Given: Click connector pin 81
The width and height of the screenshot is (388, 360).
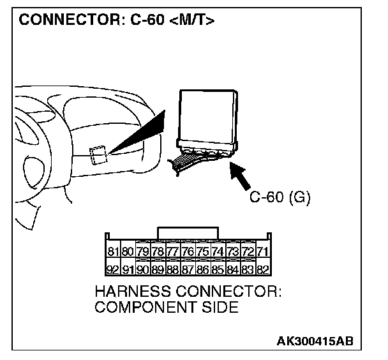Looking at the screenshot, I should pyautogui.click(x=114, y=252).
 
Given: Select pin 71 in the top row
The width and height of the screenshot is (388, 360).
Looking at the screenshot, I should pyautogui.click(x=261, y=252).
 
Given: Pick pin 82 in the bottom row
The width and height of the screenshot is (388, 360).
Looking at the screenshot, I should pyautogui.click(x=261, y=269).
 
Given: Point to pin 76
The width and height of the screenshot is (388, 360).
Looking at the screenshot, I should pyautogui.click(x=188, y=252).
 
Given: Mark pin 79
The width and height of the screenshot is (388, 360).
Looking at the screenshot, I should pyautogui.click(x=144, y=252).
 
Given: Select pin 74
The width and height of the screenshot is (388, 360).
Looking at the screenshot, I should pyautogui.click(x=217, y=252).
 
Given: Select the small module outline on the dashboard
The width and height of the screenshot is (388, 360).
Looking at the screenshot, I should pyautogui.click(x=98, y=155).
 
